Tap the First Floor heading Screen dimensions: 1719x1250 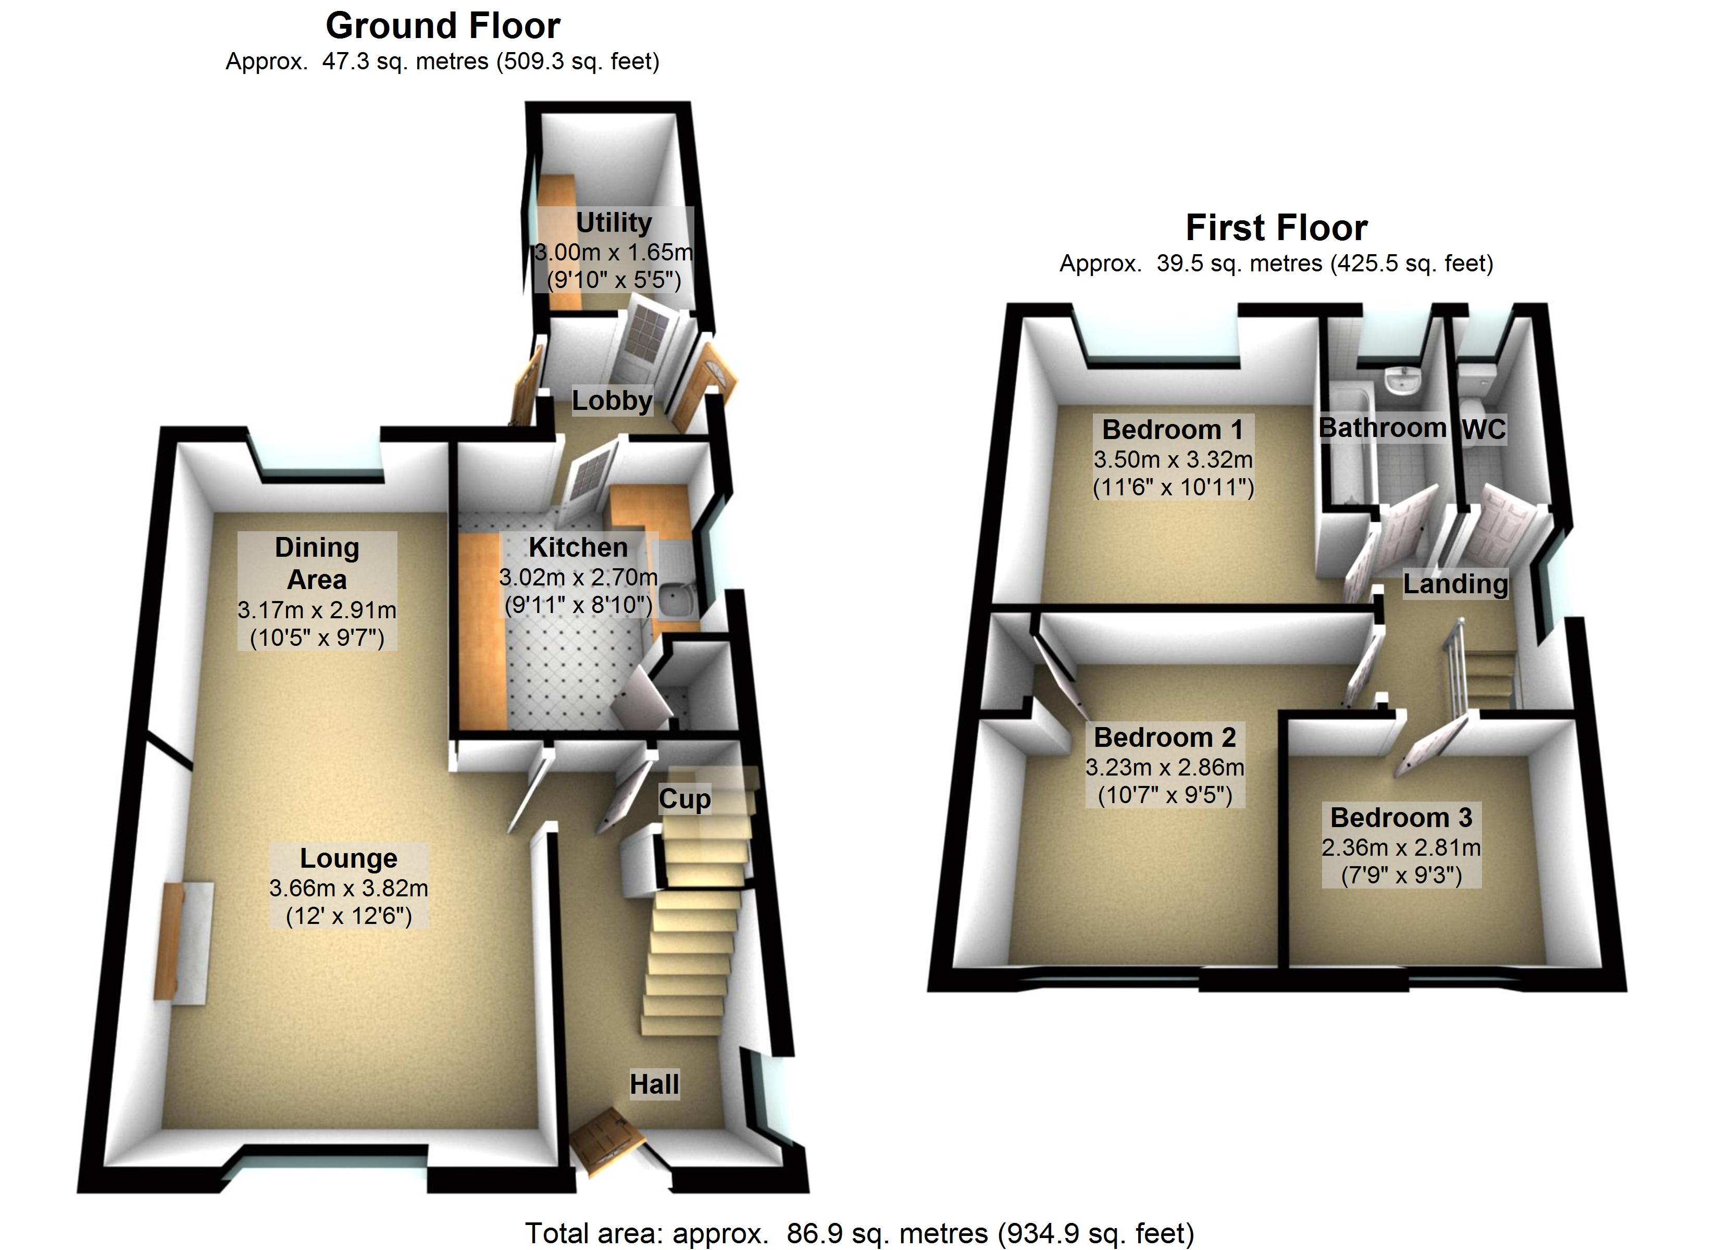click(1276, 228)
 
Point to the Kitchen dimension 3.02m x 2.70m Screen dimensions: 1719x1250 click(578, 578)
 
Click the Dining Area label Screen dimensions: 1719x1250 click(317, 563)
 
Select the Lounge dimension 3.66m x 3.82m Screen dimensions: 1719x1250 click(348, 888)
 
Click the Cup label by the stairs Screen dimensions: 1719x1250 click(684, 799)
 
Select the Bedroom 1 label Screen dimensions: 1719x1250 click(1173, 430)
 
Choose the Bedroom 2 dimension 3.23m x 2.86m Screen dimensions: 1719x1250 click(1165, 767)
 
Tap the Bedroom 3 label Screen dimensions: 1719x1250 click(1401, 818)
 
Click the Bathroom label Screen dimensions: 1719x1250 click(1382, 428)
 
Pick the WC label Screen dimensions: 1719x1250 click(1483, 430)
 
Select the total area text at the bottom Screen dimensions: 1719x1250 click(859, 1233)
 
